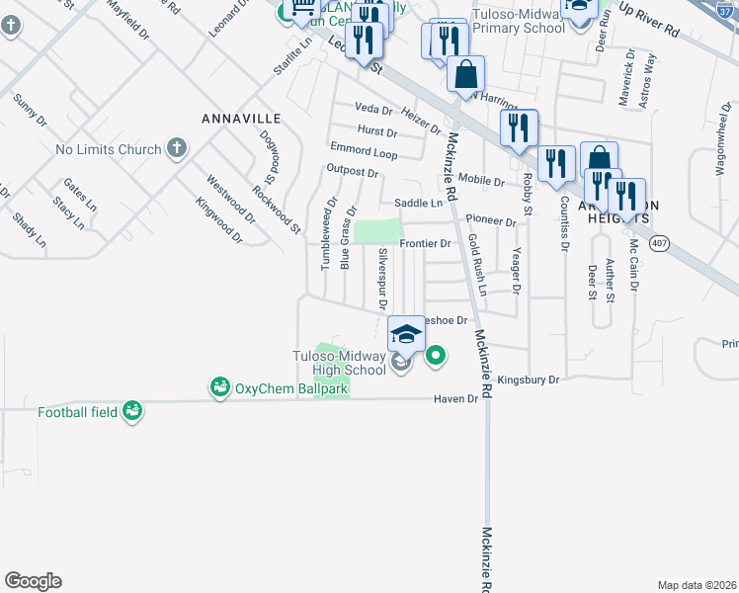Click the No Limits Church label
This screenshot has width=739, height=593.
tap(108, 150)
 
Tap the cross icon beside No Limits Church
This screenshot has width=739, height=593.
tap(177, 149)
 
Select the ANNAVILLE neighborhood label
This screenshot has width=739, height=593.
tap(241, 119)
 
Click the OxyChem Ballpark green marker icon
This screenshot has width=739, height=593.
tap(220, 387)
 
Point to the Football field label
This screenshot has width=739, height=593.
tap(78, 411)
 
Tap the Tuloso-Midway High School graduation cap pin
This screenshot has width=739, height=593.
tap(406, 333)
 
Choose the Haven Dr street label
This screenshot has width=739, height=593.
tap(454, 399)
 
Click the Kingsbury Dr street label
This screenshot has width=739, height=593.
tap(528, 380)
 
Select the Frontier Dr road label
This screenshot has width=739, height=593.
tap(425, 243)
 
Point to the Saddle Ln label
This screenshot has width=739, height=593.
tap(418, 204)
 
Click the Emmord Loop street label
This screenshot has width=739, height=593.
tap(364, 152)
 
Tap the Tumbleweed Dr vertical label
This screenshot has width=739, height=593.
tap(324, 237)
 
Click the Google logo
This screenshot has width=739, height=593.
tap(33, 581)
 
